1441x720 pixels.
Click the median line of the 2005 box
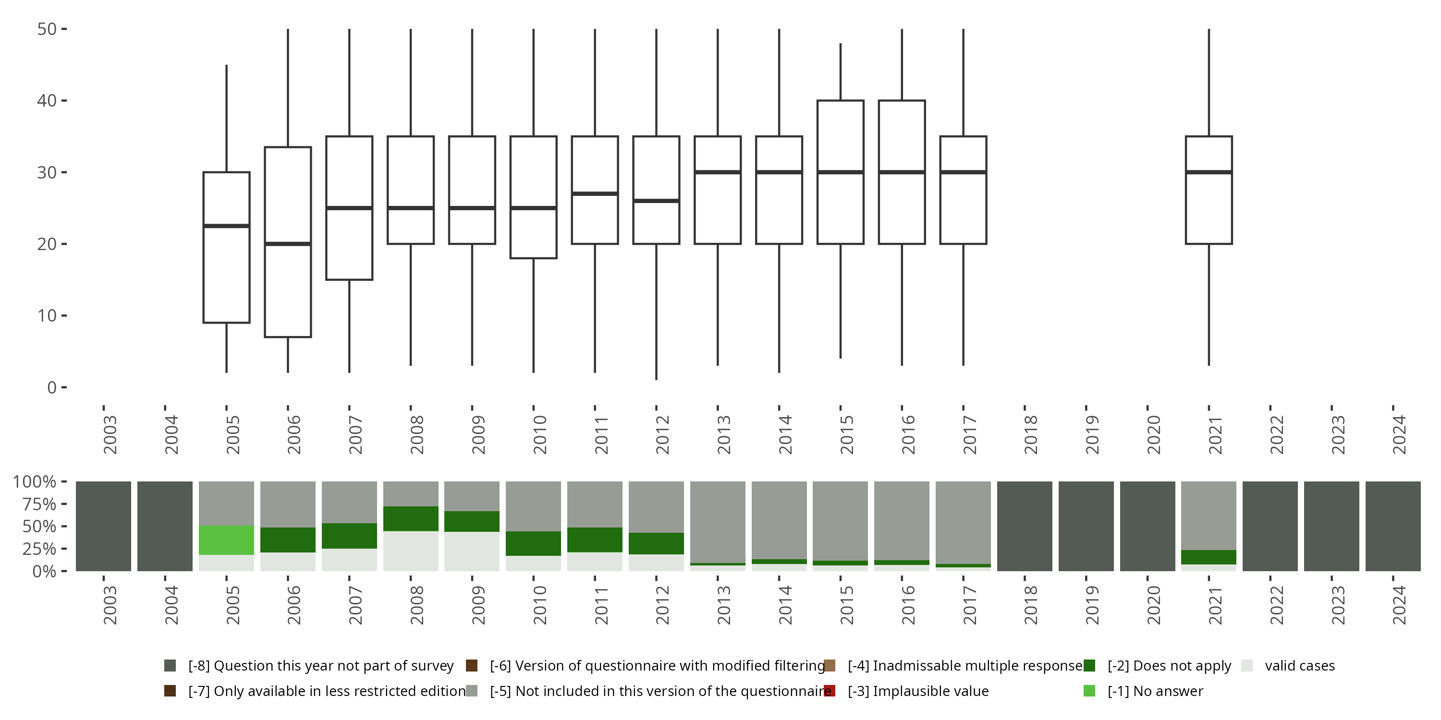[227, 226]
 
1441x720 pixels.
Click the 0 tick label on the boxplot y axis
[52, 387]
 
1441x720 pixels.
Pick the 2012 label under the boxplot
[662, 434]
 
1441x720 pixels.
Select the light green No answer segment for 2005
[227, 540]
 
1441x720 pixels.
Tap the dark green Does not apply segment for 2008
[411, 519]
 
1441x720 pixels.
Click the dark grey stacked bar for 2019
[1086, 526]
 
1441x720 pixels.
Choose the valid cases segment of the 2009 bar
[472, 551]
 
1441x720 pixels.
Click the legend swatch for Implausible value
[830, 691]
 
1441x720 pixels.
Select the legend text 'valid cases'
[1299, 666]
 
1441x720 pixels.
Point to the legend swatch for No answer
[1089, 691]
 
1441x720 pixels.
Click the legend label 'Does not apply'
[1169, 666]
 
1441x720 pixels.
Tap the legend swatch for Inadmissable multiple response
[830, 666]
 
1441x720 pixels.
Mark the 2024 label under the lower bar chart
[1398, 605]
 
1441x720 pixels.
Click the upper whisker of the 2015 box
[840, 72]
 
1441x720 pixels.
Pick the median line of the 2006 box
[288, 244]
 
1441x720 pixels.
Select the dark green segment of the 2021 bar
[1209, 557]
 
